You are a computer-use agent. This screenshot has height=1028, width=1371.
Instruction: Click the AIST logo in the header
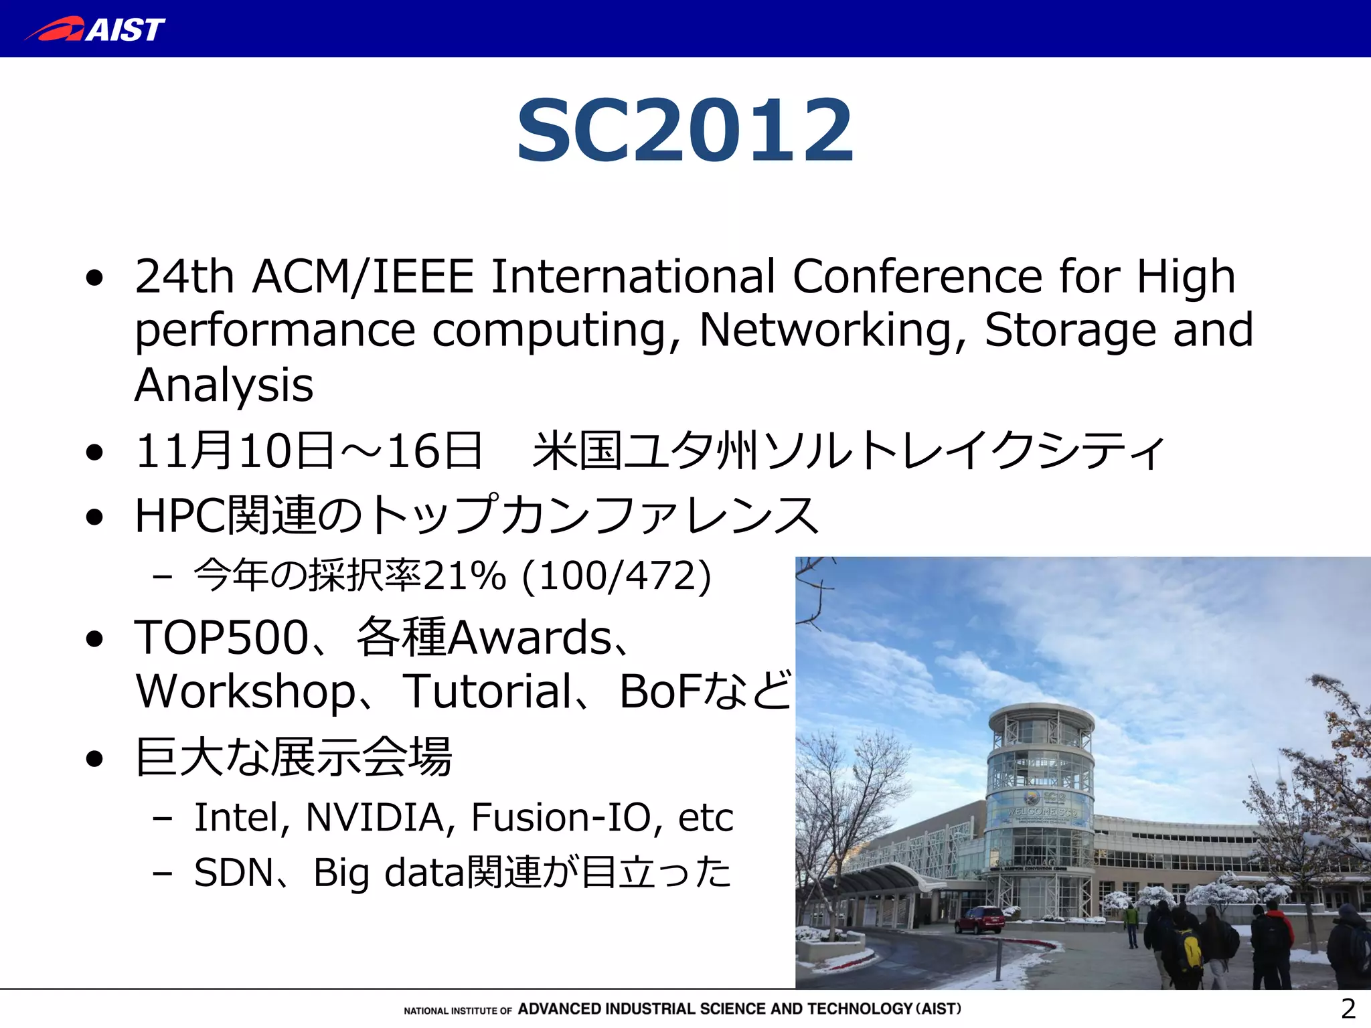pos(95,29)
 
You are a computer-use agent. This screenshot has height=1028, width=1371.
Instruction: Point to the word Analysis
pos(224,385)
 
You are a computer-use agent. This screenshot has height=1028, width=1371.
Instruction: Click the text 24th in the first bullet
pos(184,276)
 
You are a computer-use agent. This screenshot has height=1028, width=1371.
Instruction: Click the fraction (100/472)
pos(616,576)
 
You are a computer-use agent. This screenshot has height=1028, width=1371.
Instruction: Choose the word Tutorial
pos(487,691)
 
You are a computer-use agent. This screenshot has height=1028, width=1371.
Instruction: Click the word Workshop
pos(246,692)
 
